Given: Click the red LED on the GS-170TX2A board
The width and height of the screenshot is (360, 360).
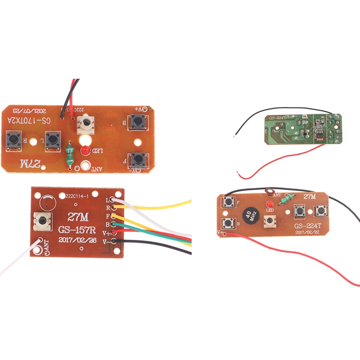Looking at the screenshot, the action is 84,150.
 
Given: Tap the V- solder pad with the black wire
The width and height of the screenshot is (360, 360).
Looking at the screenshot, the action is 112,242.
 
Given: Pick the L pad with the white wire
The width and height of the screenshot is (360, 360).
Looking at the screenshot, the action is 112,200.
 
